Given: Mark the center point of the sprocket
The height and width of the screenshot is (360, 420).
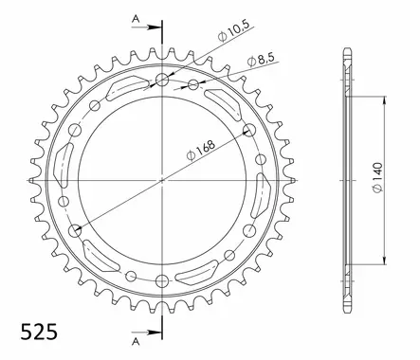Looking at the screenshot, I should click(162, 178).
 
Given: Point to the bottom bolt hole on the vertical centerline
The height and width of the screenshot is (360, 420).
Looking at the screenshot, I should click(162, 279).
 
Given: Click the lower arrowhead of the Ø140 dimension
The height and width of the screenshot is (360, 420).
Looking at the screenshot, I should click(385, 261).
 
